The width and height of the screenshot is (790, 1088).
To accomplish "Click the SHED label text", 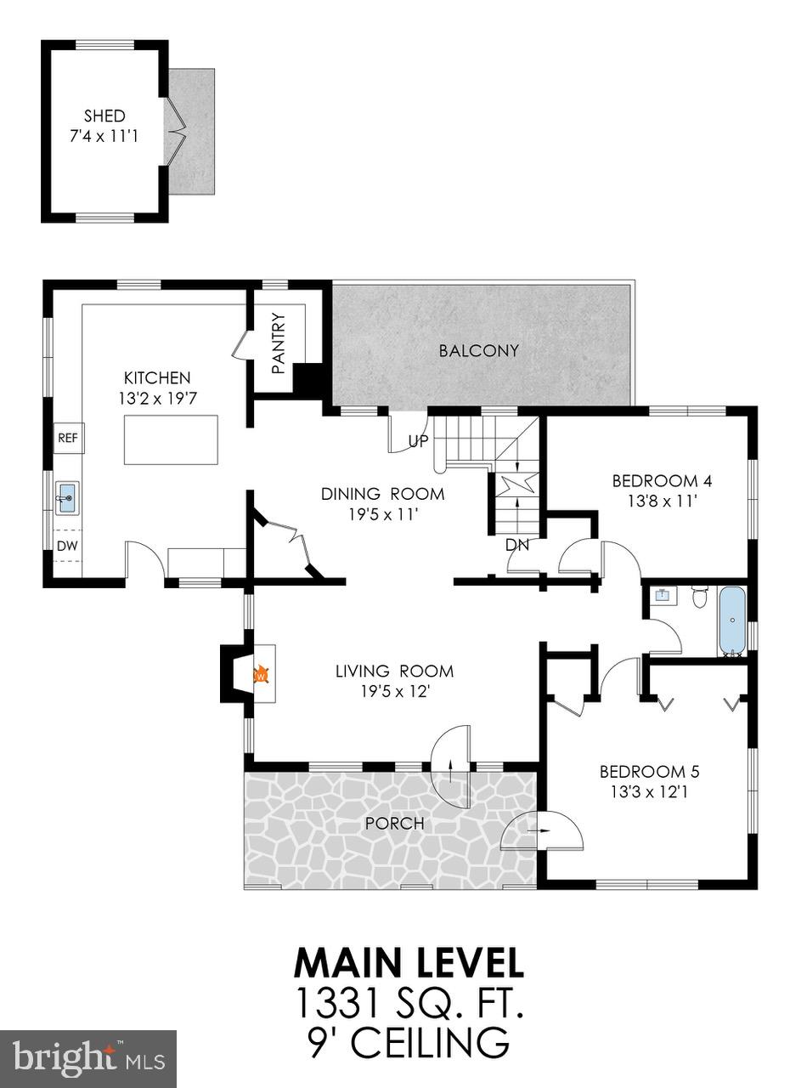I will point(104,116).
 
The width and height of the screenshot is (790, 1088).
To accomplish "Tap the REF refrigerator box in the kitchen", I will point(67,439).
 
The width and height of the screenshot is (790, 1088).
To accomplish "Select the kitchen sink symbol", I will point(66,497).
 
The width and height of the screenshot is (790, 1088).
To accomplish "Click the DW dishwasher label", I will point(66,545).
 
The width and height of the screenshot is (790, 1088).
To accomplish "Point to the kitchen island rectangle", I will point(171,439).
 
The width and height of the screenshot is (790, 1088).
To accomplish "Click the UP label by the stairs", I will point(419,442).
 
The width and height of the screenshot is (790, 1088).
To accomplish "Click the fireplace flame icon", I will point(262,675).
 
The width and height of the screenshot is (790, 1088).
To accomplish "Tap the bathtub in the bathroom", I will point(732,620).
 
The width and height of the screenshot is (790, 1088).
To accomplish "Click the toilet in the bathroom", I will point(700,597).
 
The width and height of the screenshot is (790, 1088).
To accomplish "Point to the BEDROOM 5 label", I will point(649,772).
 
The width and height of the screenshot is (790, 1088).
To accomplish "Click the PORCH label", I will point(393,824).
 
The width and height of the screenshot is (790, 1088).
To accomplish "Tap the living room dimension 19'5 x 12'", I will point(393,691).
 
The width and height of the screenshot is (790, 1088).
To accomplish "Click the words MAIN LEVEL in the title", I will point(409,963).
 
